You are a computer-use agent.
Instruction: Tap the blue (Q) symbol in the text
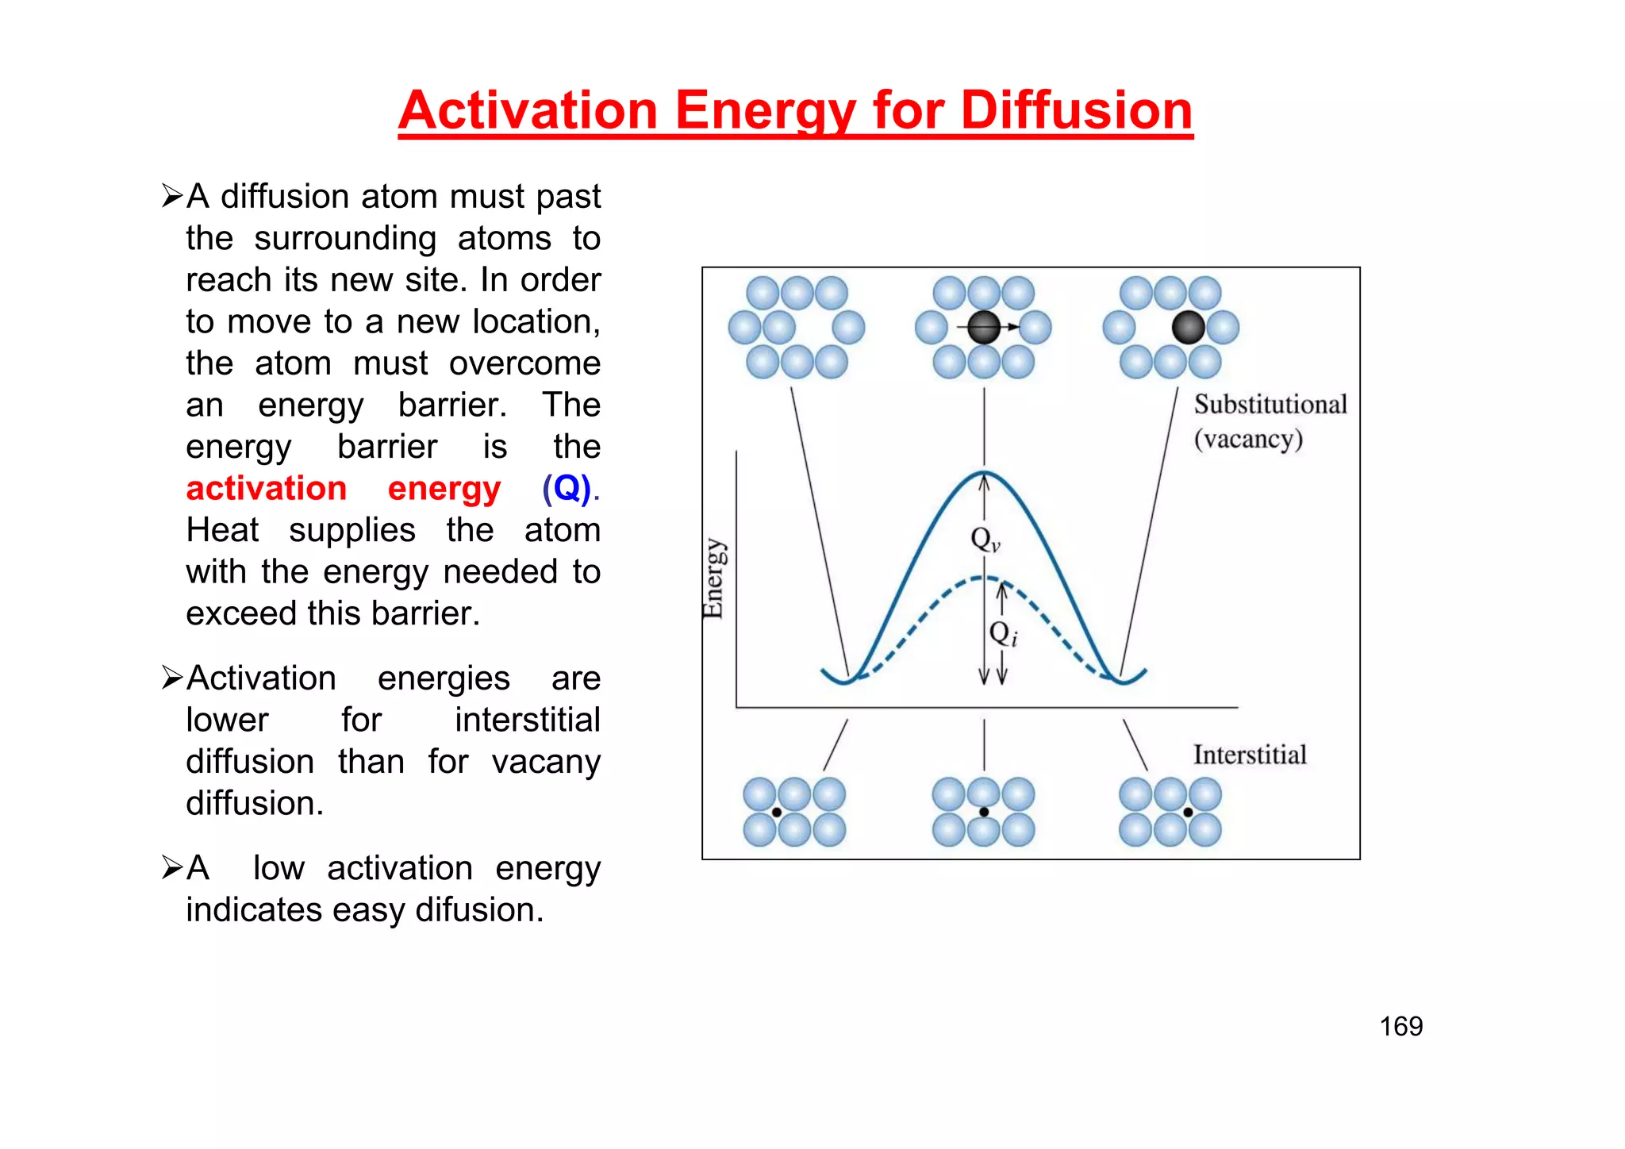point(567,488)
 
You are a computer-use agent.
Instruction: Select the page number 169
point(1400,1026)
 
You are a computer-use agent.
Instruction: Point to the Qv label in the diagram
point(985,540)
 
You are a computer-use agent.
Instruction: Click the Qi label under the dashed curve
point(1003,633)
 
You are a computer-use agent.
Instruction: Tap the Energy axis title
point(713,578)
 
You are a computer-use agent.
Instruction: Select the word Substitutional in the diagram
point(1270,404)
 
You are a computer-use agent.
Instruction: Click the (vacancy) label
point(1248,439)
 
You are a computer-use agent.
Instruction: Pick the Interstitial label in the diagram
point(1250,755)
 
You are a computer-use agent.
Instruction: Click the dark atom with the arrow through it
point(984,327)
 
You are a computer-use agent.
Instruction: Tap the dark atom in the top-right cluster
point(1188,327)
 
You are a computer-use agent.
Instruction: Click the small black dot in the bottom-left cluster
point(777,812)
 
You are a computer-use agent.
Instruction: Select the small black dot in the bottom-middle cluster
point(984,812)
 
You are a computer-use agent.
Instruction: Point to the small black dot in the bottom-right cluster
point(1188,812)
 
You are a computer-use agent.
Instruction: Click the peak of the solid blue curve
point(984,473)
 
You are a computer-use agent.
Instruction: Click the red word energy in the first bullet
point(444,488)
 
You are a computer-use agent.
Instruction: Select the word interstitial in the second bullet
point(527,720)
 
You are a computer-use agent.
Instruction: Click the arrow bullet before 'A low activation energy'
point(172,867)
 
